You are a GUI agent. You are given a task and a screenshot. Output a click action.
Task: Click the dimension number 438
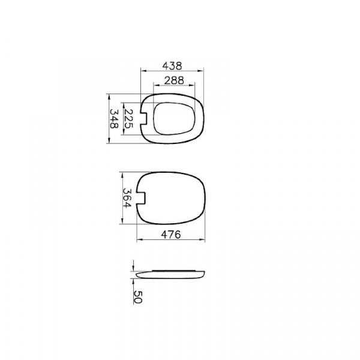[172, 66]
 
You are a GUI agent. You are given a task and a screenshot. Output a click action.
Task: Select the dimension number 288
[174, 80]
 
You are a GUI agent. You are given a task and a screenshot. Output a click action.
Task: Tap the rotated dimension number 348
[114, 119]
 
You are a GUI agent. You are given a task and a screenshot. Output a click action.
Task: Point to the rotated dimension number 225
[128, 119]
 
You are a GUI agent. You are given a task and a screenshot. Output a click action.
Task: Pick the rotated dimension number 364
[127, 197]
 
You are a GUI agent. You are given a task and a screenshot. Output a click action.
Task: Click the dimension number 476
[171, 235]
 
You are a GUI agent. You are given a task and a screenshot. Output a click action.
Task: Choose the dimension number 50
[138, 297]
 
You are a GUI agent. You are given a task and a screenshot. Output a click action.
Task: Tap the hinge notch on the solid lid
[141, 197]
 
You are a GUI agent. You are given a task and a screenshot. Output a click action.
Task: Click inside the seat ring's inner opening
[174, 118]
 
